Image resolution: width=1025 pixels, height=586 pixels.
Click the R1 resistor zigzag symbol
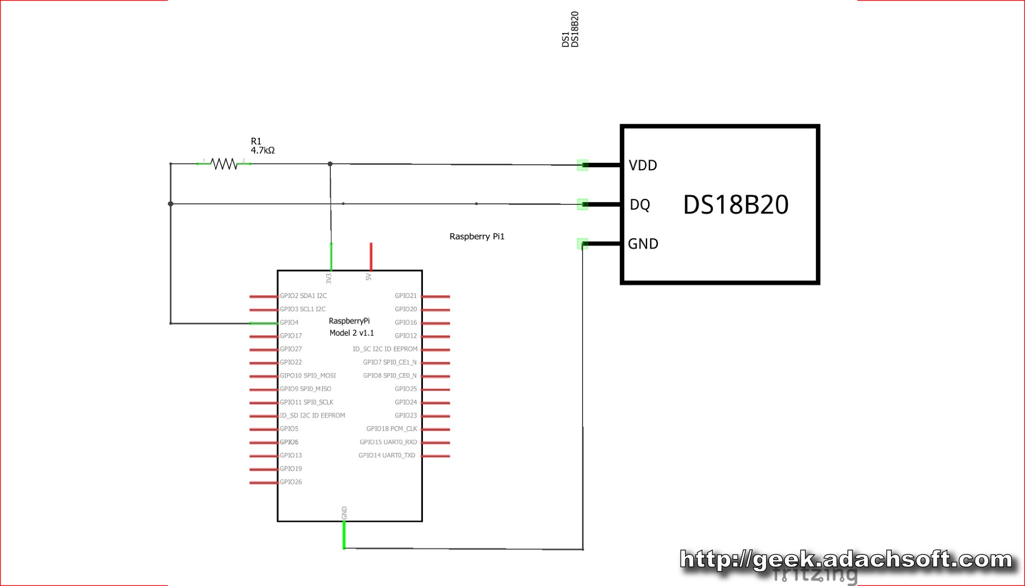coord(224,164)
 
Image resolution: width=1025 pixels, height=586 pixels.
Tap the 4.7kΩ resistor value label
coord(263,150)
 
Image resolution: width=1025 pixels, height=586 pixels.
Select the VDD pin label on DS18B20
coord(643,165)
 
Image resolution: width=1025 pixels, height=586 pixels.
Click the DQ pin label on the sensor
coord(640,204)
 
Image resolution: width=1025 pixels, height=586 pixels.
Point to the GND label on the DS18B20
coord(643,244)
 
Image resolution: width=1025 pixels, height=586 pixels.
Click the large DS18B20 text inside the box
coord(736,204)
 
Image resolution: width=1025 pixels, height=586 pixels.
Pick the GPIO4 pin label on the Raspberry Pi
coord(289,323)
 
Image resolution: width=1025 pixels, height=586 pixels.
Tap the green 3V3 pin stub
coord(331,256)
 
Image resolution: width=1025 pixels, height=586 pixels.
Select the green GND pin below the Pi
coord(344,535)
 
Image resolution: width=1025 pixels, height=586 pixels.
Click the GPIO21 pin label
coord(405,296)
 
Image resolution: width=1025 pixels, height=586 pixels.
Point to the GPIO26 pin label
coord(291,482)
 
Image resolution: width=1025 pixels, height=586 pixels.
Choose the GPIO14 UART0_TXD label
coord(387,455)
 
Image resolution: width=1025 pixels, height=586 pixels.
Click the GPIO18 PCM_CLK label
coord(391,429)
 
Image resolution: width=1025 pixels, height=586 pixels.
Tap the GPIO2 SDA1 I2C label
coord(303,296)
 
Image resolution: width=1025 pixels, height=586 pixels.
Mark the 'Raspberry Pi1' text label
coord(477,236)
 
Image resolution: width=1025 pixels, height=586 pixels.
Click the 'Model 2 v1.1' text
coord(352,333)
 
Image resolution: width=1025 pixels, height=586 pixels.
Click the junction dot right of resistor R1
coord(330,164)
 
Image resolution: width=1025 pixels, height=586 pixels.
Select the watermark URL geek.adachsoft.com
coord(846,559)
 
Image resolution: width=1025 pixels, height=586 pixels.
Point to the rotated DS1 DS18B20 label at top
coord(570,30)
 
